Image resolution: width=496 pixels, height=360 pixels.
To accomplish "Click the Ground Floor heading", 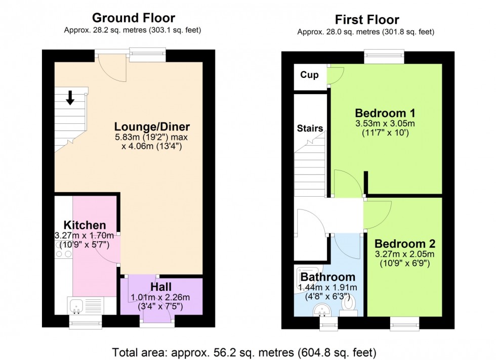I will pos(134,18).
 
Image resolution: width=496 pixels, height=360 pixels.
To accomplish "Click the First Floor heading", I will pos(367,20).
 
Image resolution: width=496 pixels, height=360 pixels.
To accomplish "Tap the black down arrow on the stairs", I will pos(70,99).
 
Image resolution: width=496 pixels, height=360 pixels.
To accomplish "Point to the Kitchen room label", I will pos(85,225).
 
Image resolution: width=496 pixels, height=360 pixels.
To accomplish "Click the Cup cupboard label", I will pos(309,75).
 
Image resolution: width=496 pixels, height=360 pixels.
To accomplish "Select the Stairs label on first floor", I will pos(310,128).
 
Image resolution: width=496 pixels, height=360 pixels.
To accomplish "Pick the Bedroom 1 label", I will pos(387,113).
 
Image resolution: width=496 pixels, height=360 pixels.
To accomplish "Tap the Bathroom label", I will pos(327,277).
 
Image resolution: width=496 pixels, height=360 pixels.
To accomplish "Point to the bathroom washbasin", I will pos(321,308).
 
